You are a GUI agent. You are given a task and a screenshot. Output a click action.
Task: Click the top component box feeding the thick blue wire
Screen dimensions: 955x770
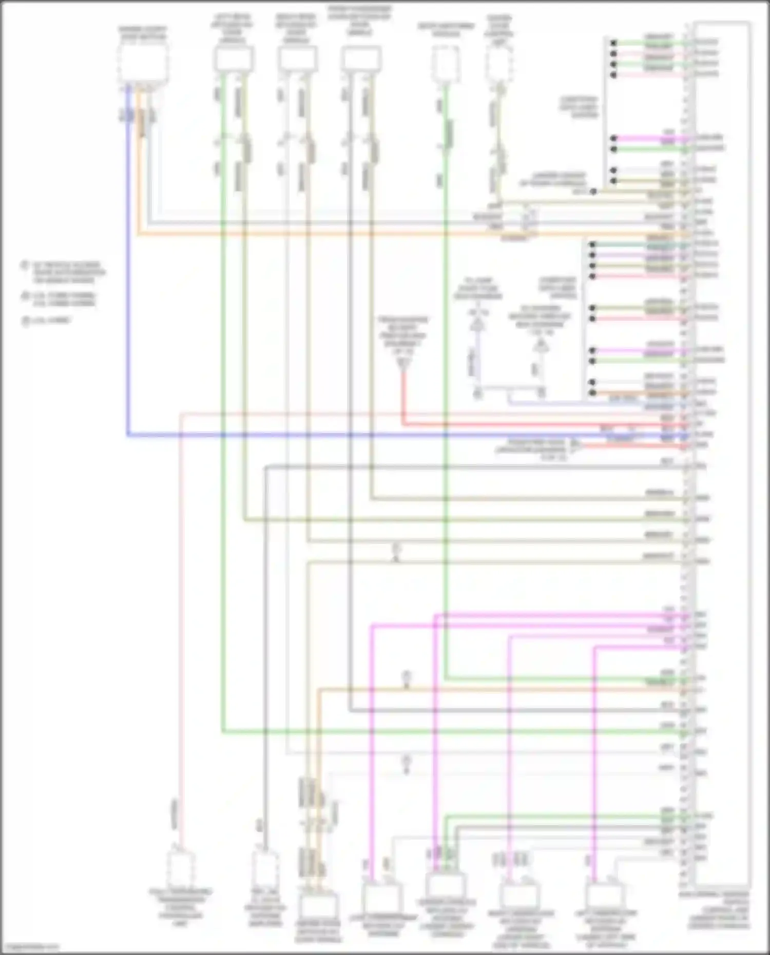(x=143, y=64)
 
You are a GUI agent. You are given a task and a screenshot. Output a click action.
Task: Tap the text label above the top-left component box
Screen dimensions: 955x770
(x=143, y=33)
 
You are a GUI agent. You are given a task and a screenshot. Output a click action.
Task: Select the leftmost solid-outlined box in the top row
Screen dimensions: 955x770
(x=233, y=59)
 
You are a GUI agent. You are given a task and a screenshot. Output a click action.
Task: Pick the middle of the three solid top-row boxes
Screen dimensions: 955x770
(x=298, y=59)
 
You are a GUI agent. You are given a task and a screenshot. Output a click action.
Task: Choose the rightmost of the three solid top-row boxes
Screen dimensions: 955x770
(x=362, y=59)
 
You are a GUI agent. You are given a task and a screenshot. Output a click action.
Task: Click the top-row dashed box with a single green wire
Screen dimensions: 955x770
(x=445, y=64)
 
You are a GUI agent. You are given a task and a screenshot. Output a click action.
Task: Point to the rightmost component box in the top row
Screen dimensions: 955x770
(x=498, y=65)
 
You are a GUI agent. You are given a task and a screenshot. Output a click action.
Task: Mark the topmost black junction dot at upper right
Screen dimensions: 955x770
(x=613, y=43)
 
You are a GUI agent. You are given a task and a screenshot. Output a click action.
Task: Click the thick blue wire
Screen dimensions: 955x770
(x=359, y=435)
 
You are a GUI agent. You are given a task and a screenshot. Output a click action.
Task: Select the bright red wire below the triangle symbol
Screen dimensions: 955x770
(x=403, y=400)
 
